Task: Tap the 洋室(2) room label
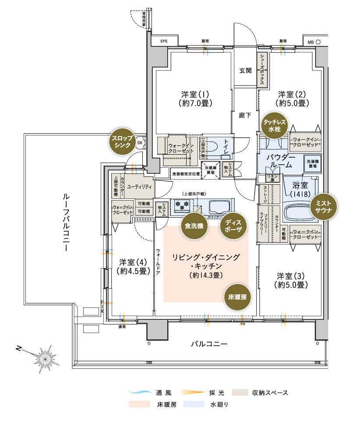pos(293,99)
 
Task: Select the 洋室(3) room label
pos(292,280)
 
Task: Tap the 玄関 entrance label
pos(245,70)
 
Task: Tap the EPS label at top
pos(164,42)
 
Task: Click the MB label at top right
pos(310,42)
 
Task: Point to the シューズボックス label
pos(261,70)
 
